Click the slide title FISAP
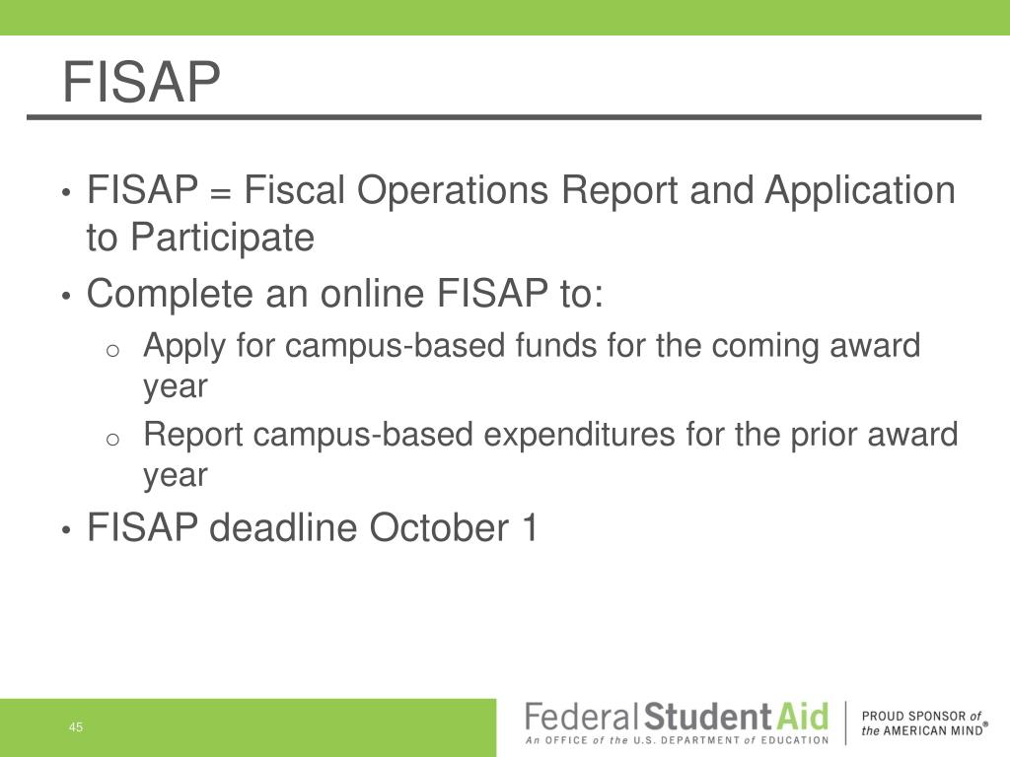point(140,82)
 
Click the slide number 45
point(76,728)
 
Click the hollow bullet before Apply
point(113,350)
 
